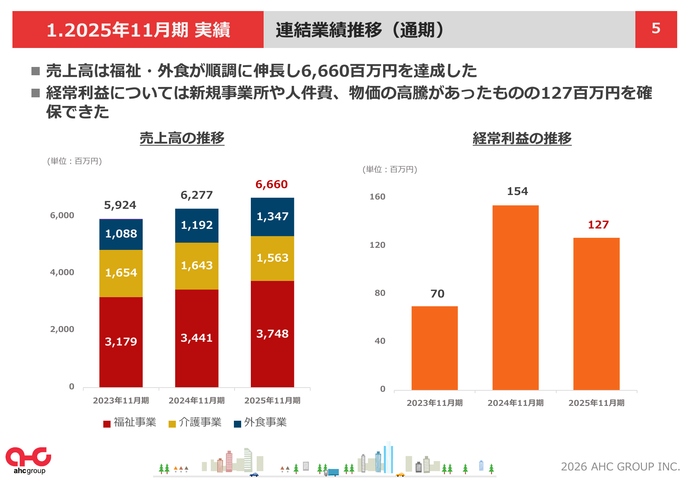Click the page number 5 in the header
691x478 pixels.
coord(656,29)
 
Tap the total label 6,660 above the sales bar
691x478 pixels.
coord(272,185)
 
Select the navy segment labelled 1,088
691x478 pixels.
coord(121,234)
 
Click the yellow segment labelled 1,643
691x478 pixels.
coord(197,266)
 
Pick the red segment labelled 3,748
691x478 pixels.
coord(272,334)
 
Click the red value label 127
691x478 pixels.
coord(598,225)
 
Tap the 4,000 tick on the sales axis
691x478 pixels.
coord(62,272)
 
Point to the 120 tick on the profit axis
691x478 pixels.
coord(377,245)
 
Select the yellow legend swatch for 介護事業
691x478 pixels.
coord(172,424)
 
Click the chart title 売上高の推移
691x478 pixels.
coord(182,138)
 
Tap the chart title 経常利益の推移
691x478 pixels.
coord(522,139)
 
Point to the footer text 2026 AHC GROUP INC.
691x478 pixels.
coord(620,467)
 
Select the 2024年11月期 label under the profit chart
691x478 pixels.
coord(515,403)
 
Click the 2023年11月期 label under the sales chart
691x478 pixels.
coord(121,401)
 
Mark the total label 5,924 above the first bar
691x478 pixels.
coord(120,205)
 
